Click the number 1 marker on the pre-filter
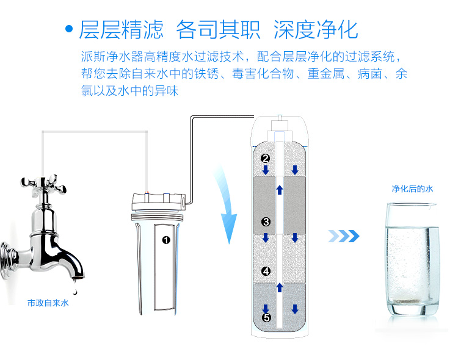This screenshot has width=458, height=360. (166, 240)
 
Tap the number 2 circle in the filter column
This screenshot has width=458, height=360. (265, 158)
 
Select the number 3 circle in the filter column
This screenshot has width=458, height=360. (266, 222)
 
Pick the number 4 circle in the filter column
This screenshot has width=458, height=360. (266, 272)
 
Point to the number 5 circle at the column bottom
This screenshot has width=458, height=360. (266, 318)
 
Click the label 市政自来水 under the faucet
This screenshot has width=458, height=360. (48, 303)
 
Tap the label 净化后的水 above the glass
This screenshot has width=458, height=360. (412, 189)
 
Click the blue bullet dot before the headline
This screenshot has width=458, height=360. (69, 29)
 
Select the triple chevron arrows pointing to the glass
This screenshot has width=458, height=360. (343, 236)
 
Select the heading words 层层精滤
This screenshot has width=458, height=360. (121, 29)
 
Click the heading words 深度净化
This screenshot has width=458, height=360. (316, 29)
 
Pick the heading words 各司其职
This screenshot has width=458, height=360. (218, 29)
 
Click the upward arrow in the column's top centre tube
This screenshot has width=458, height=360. (280, 190)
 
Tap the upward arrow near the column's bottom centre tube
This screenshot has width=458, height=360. (280, 287)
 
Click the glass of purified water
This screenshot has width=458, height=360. (412, 259)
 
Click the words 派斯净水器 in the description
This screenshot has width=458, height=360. (112, 56)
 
